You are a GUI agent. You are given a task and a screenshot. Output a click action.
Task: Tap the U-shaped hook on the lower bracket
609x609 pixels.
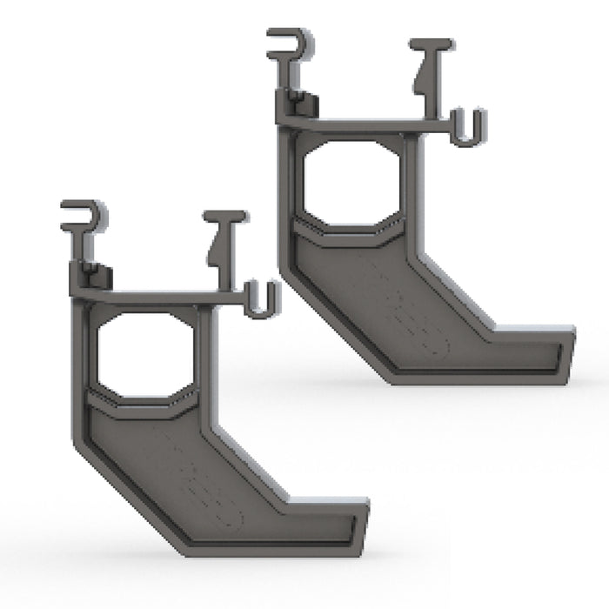261,300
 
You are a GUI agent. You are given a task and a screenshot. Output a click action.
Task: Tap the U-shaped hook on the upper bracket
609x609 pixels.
468,128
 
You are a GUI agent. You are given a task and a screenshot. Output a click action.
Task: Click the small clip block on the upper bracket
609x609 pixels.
300,104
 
